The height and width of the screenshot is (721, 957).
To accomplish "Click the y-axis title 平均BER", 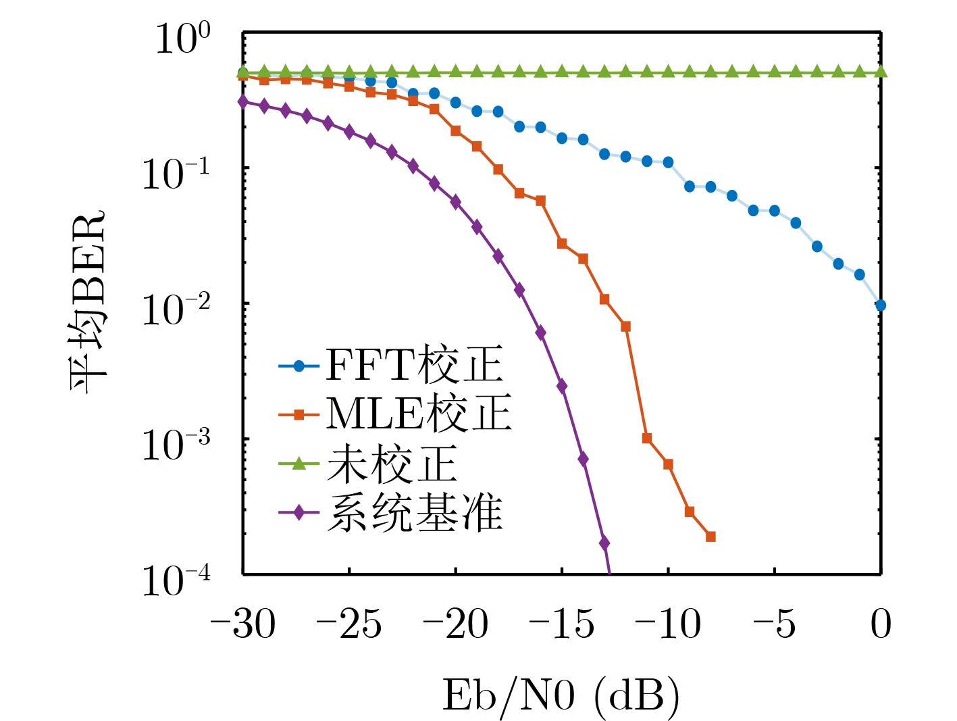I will click(x=88, y=302).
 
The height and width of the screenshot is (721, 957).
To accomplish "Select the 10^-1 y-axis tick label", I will click(x=176, y=174).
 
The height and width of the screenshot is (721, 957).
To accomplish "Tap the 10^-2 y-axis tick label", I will click(x=176, y=309).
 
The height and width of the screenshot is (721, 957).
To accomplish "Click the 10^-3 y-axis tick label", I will click(x=176, y=445).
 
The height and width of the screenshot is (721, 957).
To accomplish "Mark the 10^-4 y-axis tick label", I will click(x=176, y=580).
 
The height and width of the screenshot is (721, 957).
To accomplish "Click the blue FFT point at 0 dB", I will click(x=881, y=305).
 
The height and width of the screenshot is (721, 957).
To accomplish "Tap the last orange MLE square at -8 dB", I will click(x=710, y=537).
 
